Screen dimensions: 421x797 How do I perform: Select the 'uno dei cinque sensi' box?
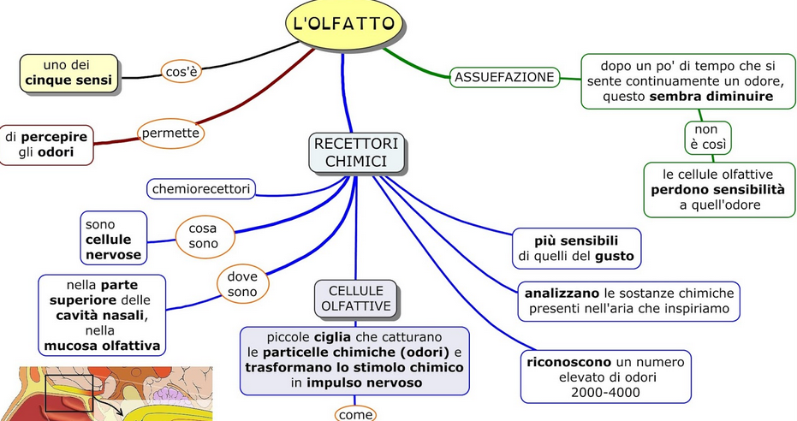[x=68, y=73]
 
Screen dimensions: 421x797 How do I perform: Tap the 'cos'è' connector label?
[x=181, y=72]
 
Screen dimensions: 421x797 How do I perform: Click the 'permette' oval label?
[x=170, y=133]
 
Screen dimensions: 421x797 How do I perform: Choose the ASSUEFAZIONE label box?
[x=504, y=77]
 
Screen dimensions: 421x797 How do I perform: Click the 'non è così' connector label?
[x=707, y=136]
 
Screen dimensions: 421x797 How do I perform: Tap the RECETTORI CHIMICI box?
[x=356, y=152]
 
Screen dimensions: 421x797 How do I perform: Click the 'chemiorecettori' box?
[x=201, y=188]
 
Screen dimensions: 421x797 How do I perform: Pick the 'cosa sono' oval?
[x=205, y=235]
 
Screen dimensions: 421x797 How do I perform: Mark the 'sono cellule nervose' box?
[x=113, y=239]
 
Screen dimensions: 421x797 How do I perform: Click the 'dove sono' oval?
[x=242, y=286]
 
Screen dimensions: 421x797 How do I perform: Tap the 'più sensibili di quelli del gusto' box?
[x=577, y=247]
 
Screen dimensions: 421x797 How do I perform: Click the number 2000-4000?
[x=607, y=392]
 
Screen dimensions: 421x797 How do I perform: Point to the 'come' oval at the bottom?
[x=355, y=414]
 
